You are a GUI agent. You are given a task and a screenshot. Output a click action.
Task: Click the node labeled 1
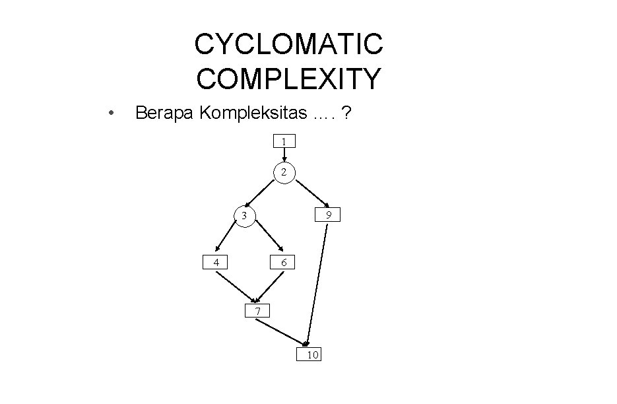284,141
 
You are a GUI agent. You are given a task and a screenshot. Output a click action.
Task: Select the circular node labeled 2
284,172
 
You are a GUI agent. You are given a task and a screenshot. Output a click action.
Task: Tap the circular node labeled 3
244,216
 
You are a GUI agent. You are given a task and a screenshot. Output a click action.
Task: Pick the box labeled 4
215,262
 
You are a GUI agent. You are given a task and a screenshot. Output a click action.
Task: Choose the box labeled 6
283,263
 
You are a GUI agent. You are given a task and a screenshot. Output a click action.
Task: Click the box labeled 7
257,310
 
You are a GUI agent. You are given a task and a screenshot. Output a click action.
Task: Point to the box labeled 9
328,215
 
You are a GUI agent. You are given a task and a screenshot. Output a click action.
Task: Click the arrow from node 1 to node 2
284,155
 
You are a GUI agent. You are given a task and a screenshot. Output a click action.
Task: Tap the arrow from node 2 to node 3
263,192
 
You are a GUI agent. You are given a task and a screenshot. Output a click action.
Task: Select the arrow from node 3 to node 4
228,238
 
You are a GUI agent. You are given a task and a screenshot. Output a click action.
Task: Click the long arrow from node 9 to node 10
317,284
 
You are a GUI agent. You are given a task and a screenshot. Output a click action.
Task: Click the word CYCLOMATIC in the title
288,45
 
